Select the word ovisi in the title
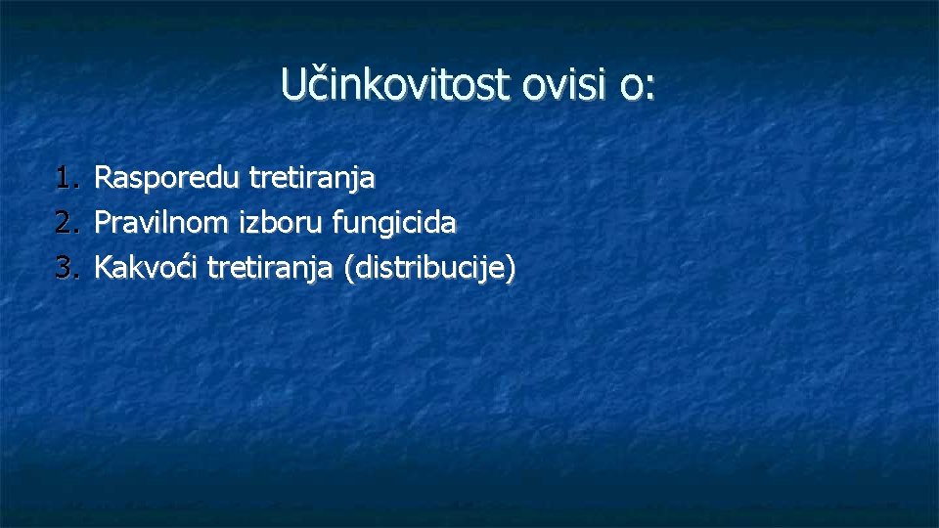point(566,85)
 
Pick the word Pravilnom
point(163,224)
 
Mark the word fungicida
point(394,224)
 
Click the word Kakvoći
point(148,267)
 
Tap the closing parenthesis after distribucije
point(509,269)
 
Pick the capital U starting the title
point(291,85)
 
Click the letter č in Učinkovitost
point(311,86)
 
